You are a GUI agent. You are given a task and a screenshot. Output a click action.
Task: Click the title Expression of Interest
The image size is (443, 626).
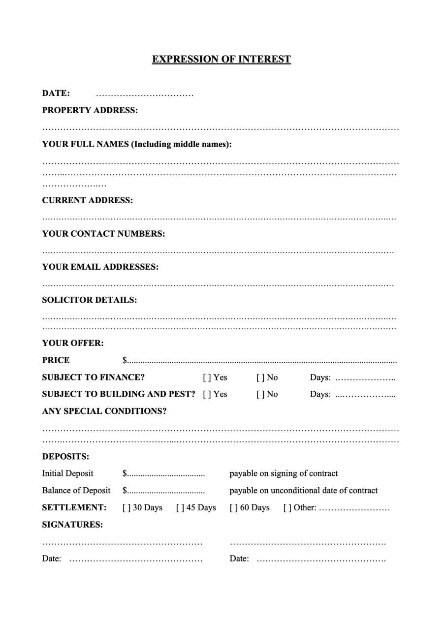[x=221, y=60]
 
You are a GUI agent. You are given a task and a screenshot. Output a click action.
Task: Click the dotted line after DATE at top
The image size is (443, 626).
[x=145, y=94]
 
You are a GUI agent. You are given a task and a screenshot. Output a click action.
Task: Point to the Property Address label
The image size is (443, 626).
[x=90, y=110]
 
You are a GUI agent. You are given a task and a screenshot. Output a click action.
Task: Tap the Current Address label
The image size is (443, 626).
[x=87, y=200]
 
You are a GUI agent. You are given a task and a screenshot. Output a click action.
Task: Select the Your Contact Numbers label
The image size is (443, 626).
[x=103, y=234]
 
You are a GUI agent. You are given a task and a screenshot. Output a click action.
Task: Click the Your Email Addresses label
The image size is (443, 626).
[x=100, y=267]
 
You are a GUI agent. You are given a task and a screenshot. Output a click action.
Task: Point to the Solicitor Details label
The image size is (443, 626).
[x=89, y=300]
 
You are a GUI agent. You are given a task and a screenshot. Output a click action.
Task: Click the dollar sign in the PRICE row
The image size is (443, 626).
[x=125, y=361]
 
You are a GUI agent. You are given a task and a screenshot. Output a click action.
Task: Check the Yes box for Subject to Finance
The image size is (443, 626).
[x=207, y=377]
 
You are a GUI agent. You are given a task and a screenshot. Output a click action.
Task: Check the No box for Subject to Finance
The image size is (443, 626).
[x=260, y=377]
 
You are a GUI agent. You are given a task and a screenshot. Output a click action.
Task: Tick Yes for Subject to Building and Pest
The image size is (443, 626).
[x=207, y=394]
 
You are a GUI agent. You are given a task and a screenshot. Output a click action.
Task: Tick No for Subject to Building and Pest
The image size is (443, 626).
[x=260, y=394]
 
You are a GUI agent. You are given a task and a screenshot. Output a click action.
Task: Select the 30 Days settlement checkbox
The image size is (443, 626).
[x=127, y=508]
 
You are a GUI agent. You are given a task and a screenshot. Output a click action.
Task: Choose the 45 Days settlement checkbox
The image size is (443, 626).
[x=180, y=508]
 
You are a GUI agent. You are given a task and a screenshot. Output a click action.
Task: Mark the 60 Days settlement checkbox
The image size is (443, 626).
[x=233, y=508]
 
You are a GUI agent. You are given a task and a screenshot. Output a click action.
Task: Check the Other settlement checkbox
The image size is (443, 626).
[x=287, y=508]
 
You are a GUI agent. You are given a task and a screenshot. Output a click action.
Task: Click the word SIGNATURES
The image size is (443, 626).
[x=72, y=525]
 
